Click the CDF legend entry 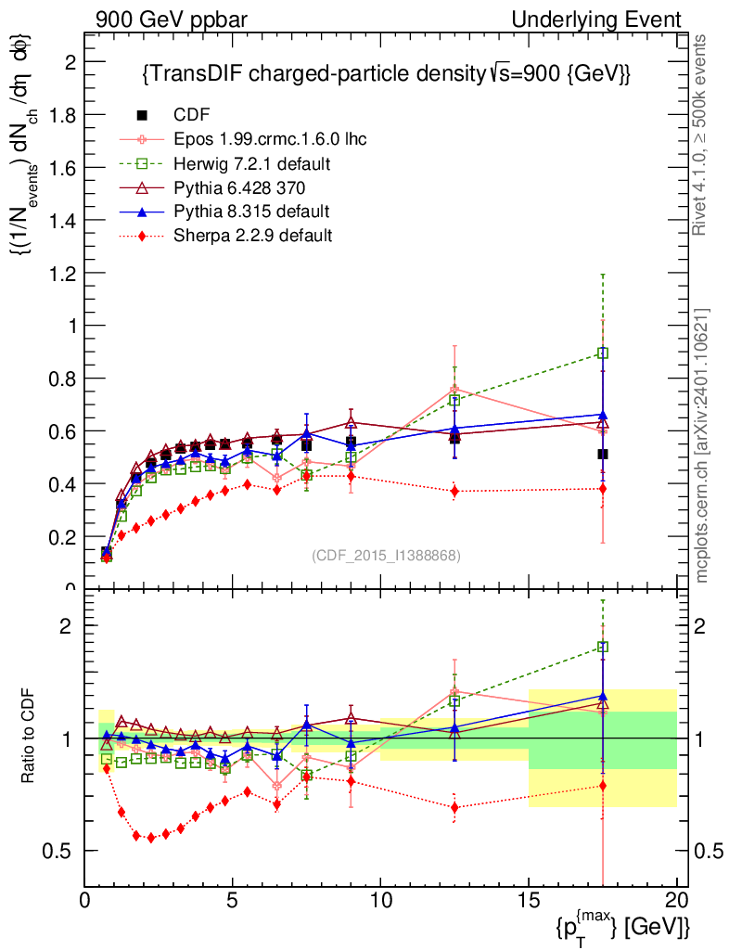[x=192, y=115]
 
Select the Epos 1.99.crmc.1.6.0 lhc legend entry [x=270, y=139]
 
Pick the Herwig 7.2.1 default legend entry [x=252, y=163]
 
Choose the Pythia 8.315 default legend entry [x=251, y=212]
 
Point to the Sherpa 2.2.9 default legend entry [x=252, y=236]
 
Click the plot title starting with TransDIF [x=386, y=75]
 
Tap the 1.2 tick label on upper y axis [x=63, y=273]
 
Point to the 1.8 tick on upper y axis [x=63, y=115]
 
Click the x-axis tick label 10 [x=380, y=899]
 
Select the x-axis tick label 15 [x=529, y=899]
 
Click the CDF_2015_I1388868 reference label [x=386, y=555]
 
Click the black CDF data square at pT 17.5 [x=603, y=454]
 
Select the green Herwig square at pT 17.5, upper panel [x=603, y=353]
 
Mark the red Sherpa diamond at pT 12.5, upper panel [x=454, y=491]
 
